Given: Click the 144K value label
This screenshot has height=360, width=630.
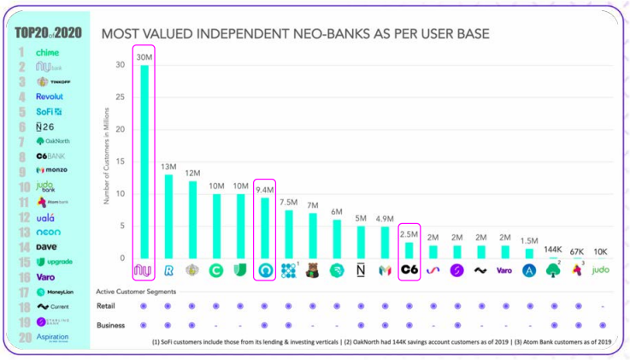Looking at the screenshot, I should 553,249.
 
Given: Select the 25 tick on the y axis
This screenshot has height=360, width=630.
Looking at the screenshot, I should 120,97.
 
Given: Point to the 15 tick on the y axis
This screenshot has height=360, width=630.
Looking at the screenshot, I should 120,162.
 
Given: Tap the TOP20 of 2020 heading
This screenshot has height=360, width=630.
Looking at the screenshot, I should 50,33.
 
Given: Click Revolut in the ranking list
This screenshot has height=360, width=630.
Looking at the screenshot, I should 50,97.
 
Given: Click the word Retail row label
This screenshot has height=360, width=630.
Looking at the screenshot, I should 106,305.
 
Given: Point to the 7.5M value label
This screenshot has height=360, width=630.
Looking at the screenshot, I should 289,202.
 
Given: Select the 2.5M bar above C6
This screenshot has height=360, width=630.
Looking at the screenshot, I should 409,250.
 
